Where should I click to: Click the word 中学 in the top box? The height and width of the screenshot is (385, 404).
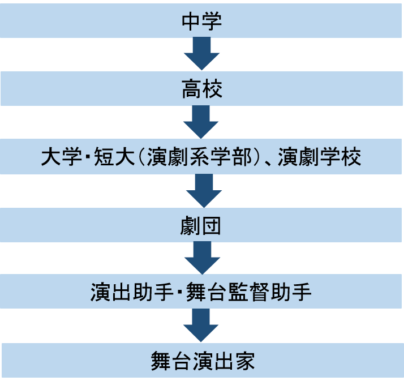click(201, 22)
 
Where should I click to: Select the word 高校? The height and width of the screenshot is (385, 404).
click(201, 89)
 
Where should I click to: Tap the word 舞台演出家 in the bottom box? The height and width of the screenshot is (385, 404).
click(201, 361)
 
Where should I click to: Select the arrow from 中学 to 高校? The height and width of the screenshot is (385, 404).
click(201, 54)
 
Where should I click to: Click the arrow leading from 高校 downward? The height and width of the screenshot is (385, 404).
click(201, 122)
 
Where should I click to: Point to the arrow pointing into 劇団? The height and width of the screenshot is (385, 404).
click(201, 190)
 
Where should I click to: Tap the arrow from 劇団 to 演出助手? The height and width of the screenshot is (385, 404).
click(201, 258)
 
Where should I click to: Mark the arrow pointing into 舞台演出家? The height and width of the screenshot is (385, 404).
click(201, 326)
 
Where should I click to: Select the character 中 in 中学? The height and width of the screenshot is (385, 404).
click(191, 22)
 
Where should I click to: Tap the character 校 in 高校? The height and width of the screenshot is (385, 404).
click(212, 89)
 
